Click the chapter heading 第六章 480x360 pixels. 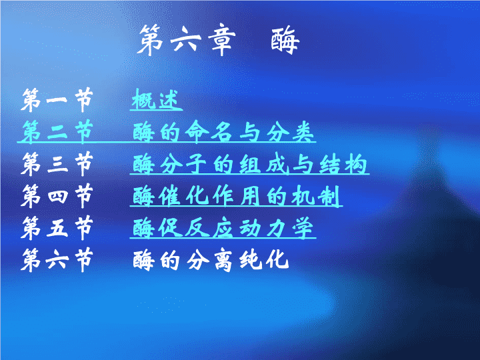[187, 41]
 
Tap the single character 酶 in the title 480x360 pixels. [285, 41]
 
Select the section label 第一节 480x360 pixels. [57, 100]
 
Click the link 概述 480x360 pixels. [155, 99]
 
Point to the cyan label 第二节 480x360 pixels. [57, 131]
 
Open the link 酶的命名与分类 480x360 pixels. [223, 131]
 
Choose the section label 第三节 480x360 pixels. [57, 164]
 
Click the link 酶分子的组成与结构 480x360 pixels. [250, 164]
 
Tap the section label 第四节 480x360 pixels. [57, 196]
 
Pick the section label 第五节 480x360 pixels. [57, 228]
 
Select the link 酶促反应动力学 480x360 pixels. [223, 228]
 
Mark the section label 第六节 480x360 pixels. [57, 260]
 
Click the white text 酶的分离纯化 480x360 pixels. [211, 260]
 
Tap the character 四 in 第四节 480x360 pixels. [57, 196]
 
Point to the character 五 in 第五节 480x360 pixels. [57, 229]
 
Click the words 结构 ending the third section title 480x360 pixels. [343, 164]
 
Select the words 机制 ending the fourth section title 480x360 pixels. [316, 196]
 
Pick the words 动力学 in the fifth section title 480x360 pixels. [277, 228]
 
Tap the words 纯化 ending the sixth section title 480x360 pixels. [264, 260]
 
